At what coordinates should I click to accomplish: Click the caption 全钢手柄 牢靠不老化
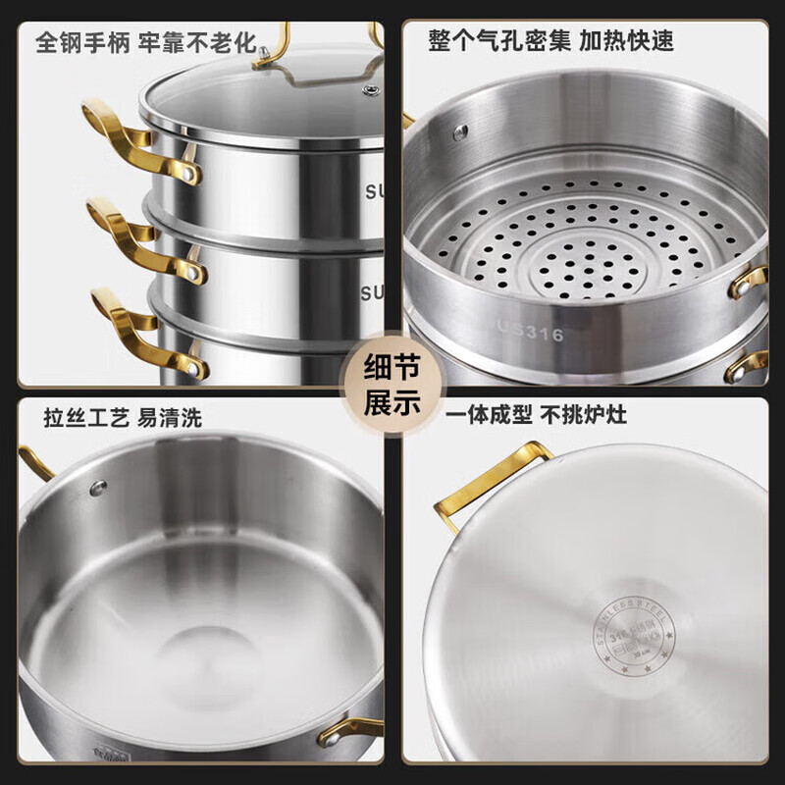[x=145, y=43]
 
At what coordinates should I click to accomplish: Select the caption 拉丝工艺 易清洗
[x=123, y=418]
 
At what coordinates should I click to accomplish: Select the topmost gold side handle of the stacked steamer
[x=137, y=143]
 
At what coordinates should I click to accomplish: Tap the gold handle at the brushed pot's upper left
[x=35, y=461]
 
